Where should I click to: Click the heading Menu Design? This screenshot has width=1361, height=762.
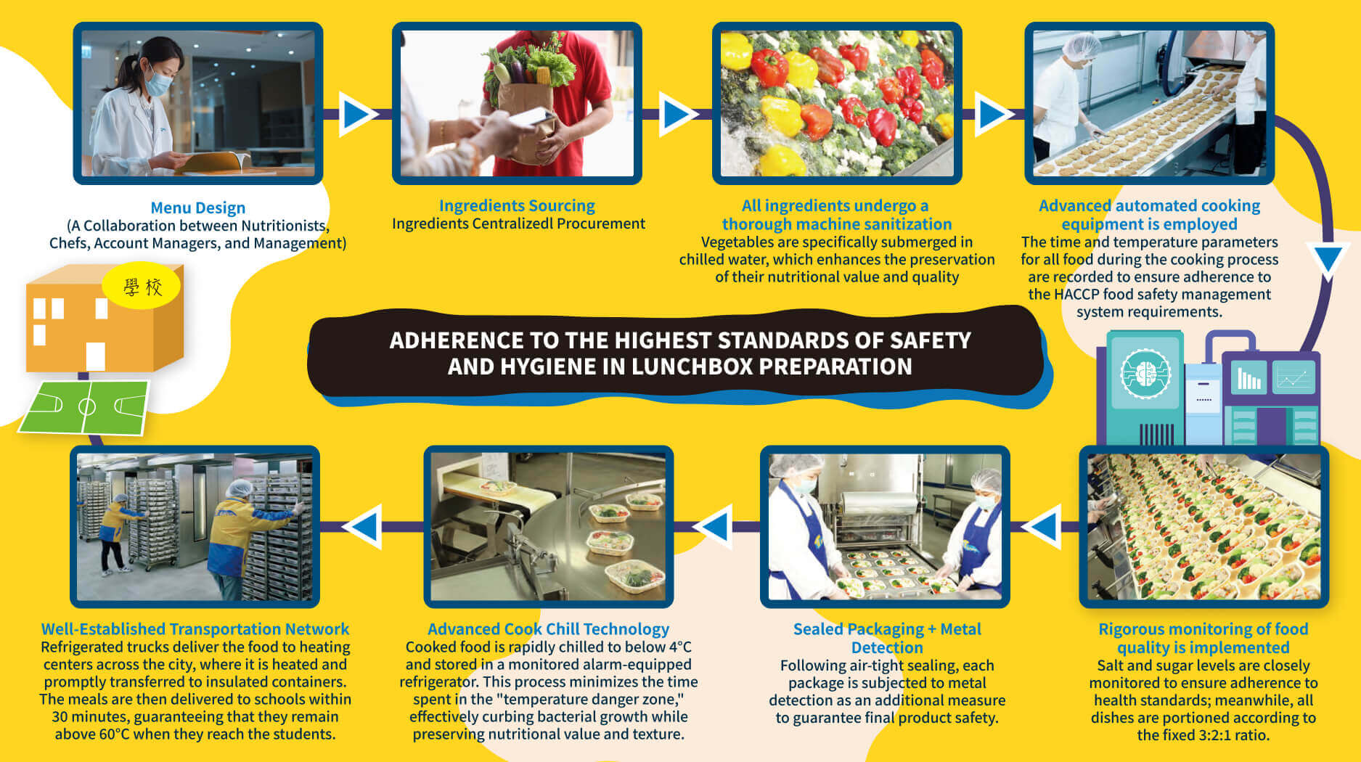(x=198, y=208)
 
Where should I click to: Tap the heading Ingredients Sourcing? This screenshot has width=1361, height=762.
(x=517, y=206)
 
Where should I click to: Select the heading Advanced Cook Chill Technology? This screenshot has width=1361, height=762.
(x=548, y=629)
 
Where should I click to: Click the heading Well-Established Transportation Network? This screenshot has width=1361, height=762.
(x=195, y=629)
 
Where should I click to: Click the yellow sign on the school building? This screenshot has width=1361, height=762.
(x=142, y=287)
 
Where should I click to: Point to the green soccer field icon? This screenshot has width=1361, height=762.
(x=85, y=407)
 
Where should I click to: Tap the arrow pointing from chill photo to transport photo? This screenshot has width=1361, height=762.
(x=362, y=525)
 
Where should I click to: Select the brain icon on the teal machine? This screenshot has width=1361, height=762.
(x=1145, y=374)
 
